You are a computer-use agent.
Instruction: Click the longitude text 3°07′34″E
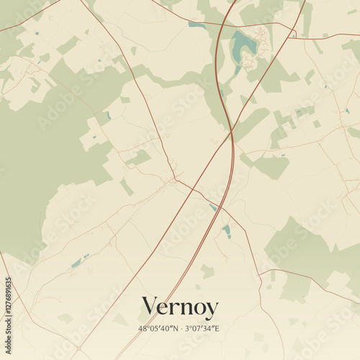(202, 328)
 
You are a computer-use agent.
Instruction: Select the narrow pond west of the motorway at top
(197, 25)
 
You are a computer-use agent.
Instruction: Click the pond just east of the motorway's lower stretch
(227, 230)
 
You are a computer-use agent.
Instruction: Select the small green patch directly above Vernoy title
(207, 271)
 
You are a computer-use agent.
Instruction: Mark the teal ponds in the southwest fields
(78, 261)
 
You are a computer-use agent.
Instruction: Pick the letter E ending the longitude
(217, 328)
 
